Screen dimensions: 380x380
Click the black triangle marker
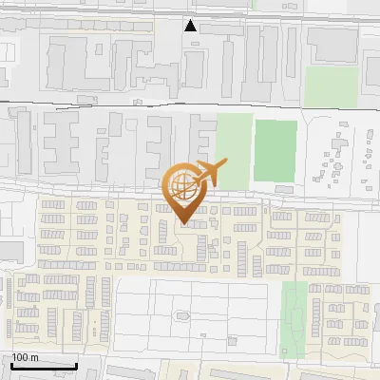(191, 26)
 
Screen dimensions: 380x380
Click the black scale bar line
(44, 366)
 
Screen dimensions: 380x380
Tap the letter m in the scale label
(34, 357)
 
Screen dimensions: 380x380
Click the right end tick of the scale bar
(76, 364)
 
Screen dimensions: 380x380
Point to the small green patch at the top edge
(256, 4)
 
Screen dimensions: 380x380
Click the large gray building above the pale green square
(331, 43)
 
